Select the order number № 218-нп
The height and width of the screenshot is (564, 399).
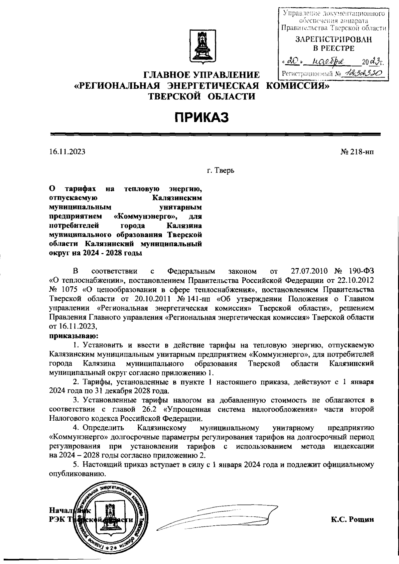pyautogui.click(x=357, y=152)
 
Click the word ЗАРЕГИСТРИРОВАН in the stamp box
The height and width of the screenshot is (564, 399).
pyautogui.click(x=333, y=40)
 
